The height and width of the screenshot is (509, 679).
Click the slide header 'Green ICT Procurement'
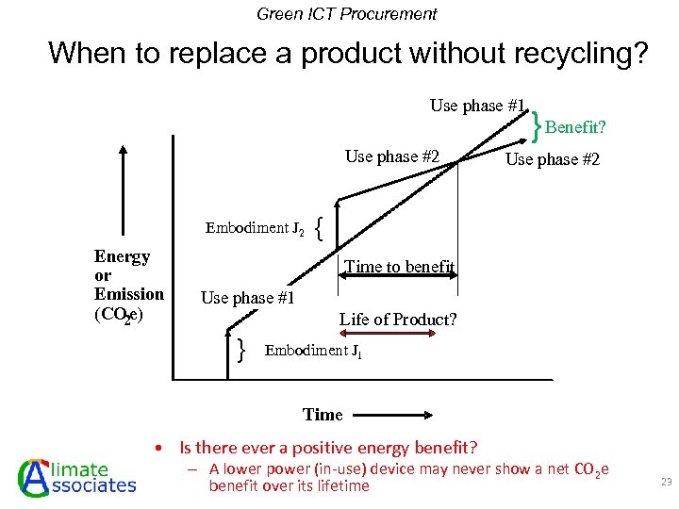pos(347,14)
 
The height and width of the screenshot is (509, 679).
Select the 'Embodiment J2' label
pos(255,228)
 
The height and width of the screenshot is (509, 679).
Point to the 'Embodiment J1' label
pos(314,351)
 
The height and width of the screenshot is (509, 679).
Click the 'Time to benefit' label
pos(400,267)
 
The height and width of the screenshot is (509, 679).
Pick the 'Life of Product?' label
pos(398,320)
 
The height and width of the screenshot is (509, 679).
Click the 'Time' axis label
pos(323,415)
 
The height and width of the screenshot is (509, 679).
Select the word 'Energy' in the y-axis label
pos(123,256)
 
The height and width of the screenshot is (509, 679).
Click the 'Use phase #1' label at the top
pos(477,106)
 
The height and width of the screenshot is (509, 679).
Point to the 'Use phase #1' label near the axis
pos(248,298)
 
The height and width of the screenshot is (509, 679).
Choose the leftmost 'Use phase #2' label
pos(392,156)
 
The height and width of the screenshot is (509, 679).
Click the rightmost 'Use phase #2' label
pos(553,159)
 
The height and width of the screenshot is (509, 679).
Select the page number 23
pos(666,482)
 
